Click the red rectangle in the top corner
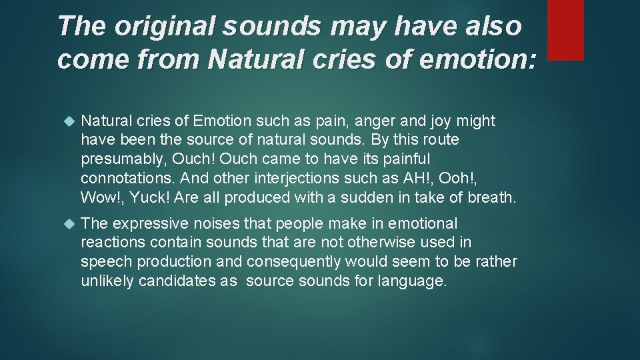(x=565, y=29)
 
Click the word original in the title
(x=149, y=26)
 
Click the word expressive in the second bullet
(x=154, y=223)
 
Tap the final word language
(x=414, y=281)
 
